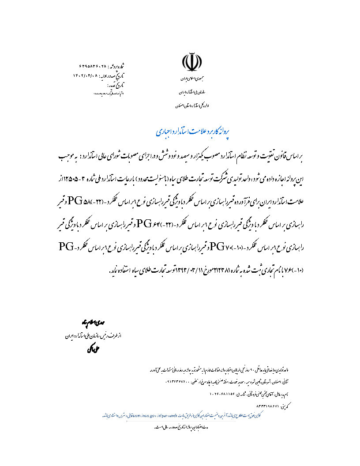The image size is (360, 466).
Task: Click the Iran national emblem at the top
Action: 190,63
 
